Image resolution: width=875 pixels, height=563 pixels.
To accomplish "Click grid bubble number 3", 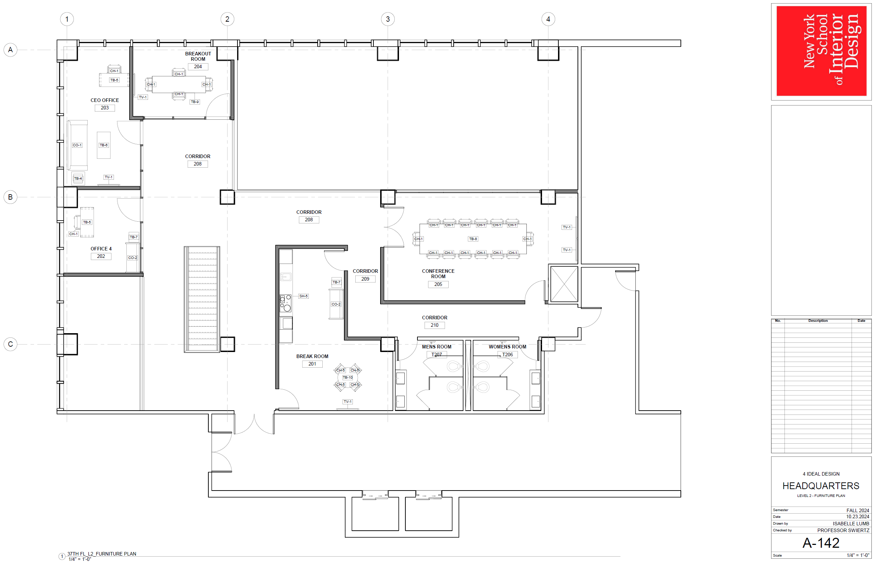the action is tap(388, 19).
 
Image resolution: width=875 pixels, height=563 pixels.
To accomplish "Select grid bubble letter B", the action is tap(10, 197).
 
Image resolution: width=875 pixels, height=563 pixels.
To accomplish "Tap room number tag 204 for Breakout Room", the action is tap(198, 66).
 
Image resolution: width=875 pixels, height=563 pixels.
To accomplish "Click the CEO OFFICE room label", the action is tap(105, 100).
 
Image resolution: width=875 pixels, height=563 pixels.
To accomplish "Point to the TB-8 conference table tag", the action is tap(473, 239).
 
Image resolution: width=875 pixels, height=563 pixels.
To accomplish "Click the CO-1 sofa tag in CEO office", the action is tap(77, 145).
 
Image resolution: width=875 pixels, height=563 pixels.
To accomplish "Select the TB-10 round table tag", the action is tap(348, 377).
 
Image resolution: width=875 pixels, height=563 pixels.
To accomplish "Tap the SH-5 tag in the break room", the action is tap(303, 296).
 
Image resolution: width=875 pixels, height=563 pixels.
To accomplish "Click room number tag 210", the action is tap(434, 325).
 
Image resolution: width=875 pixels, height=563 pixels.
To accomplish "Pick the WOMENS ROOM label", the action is tap(508, 347).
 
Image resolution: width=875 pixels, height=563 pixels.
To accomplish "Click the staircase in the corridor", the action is tap(202, 299).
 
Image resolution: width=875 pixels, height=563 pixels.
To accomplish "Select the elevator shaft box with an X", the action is tap(564, 284).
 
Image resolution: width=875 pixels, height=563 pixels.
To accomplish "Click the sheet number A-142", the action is tap(821, 543).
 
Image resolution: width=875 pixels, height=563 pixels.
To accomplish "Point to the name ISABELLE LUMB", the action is tap(851, 524).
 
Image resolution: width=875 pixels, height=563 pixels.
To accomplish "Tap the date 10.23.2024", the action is tap(858, 516).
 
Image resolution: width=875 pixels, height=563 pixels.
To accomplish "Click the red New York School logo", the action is tap(821, 51).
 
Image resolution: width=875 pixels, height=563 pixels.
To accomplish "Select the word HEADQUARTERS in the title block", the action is tap(821, 486).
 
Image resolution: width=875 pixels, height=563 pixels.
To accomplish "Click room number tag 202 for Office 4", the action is tap(101, 256).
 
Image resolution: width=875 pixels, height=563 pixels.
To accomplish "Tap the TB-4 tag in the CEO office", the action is tap(78, 178).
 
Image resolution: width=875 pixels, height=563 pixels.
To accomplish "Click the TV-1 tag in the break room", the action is tap(348, 401).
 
